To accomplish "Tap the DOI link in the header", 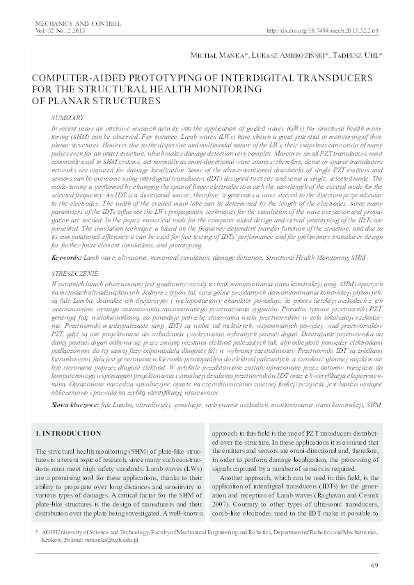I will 323,33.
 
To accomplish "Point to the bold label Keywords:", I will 67,258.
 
